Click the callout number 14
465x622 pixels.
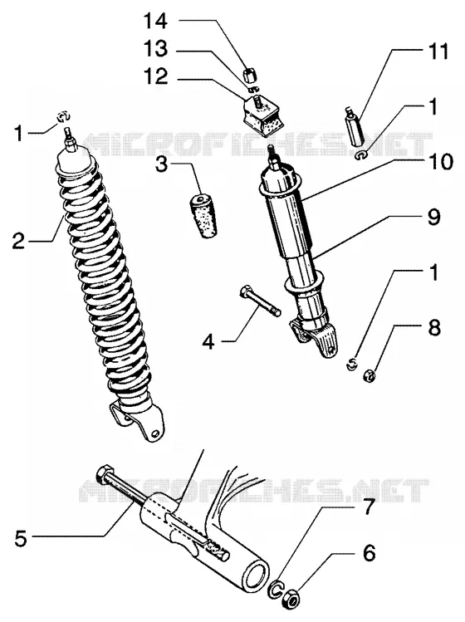[155, 21]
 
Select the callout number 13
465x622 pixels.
[155, 49]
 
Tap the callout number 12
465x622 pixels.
[155, 76]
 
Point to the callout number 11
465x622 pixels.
[437, 51]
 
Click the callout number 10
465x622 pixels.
[439, 162]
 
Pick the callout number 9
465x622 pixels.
[433, 217]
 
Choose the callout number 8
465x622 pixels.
[433, 329]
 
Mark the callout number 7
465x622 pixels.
[369, 507]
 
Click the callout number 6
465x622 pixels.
[369, 552]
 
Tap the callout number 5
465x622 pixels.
[21, 539]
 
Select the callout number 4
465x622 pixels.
[208, 341]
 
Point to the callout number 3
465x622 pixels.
[162, 164]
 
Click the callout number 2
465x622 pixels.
[18, 241]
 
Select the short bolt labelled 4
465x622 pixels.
[260, 301]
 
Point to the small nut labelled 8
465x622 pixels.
[370, 375]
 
